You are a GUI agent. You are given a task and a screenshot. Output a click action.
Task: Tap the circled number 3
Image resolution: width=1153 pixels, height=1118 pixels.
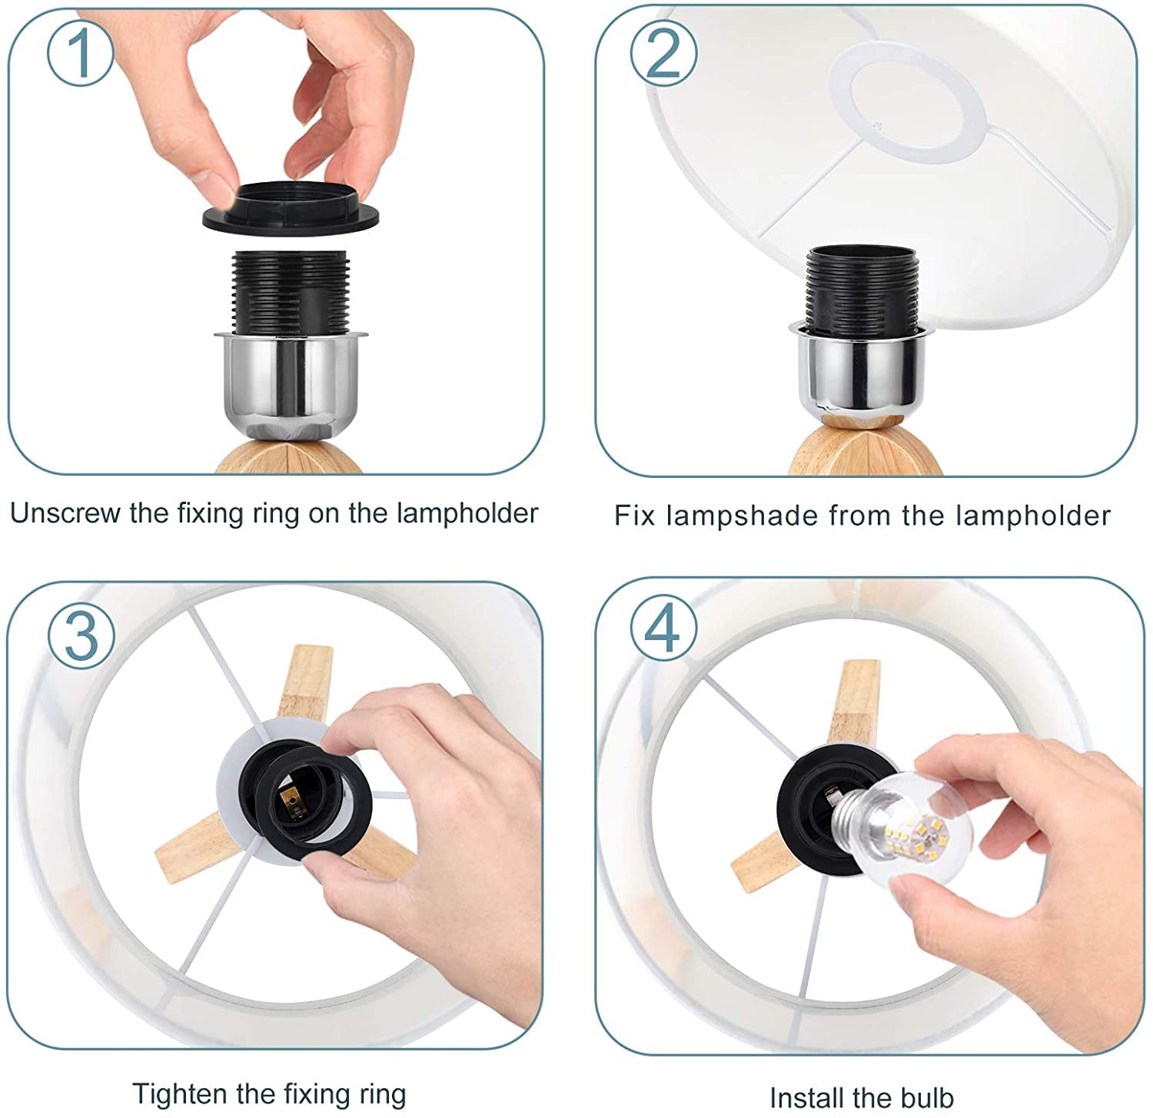(81, 635)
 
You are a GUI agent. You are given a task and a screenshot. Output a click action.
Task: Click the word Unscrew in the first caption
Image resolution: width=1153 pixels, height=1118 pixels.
(65, 513)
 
